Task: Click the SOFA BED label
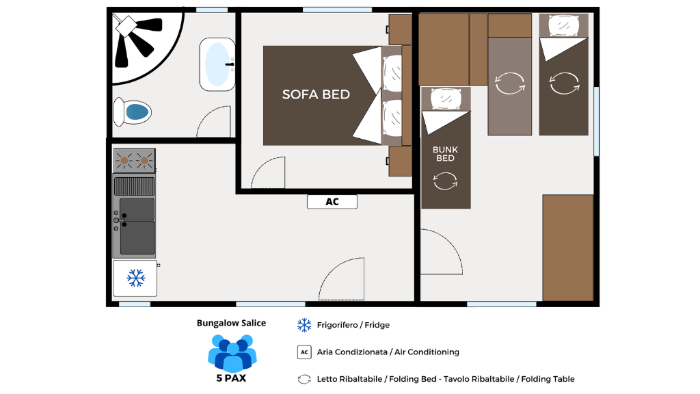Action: tap(316, 94)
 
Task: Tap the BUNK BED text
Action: tap(445, 154)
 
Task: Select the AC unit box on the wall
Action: tap(332, 202)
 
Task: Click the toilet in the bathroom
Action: tap(132, 111)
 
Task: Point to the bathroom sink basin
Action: tap(217, 64)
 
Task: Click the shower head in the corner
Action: tap(126, 26)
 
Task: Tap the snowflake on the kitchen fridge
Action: tap(136, 278)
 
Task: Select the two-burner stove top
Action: tap(134, 160)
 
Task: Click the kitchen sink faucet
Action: tap(120, 220)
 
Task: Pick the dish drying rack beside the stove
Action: tap(134, 186)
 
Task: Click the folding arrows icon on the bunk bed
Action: tap(445, 181)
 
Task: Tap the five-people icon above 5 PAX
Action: tap(232, 353)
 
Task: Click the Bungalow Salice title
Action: tap(231, 323)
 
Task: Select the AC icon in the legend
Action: tap(304, 352)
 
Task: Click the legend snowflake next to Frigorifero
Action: tap(304, 325)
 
